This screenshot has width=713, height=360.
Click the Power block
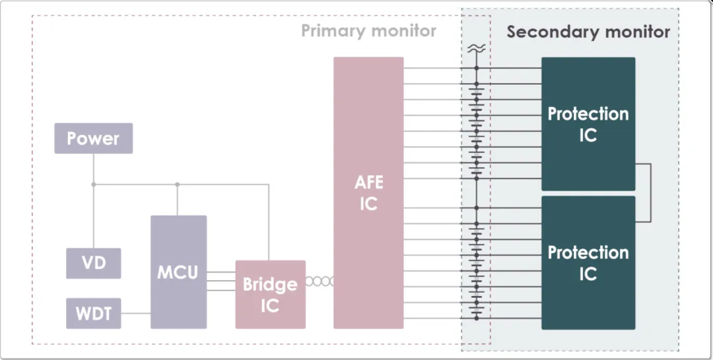pyautogui.click(x=93, y=138)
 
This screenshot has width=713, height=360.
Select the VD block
pyautogui.click(x=93, y=263)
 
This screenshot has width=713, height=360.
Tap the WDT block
pyautogui.click(x=93, y=313)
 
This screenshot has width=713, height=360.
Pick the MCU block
pyautogui.click(x=178, y=271)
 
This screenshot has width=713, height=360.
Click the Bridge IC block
pyautogui.click(x=270, y=295)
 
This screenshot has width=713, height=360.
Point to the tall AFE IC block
pyautogui.click(x=368, y=192)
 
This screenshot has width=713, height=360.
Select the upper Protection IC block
pyautogui.click(x=588, y=124)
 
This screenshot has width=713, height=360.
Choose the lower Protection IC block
pyautogui.click(x=588, y=262)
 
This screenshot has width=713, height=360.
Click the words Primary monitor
pyautogui.click(x=368, y=31)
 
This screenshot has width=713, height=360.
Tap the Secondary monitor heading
pyautogui.click(x=588, y=32)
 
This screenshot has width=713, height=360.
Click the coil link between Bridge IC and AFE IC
pyautogui.click(x=320, y=281)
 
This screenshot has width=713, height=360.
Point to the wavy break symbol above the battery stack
pyautogui.click(x=476, y=48)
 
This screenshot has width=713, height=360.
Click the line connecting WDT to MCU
pyautogui.click(x=136, y=313)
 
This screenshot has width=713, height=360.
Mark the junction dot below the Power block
pyautogui.click(x=93, y=184)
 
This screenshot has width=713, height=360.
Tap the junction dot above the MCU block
pyautogui.click(x=177, y=184)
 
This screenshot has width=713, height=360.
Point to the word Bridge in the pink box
pyautogui.click(x=270, y=285)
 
